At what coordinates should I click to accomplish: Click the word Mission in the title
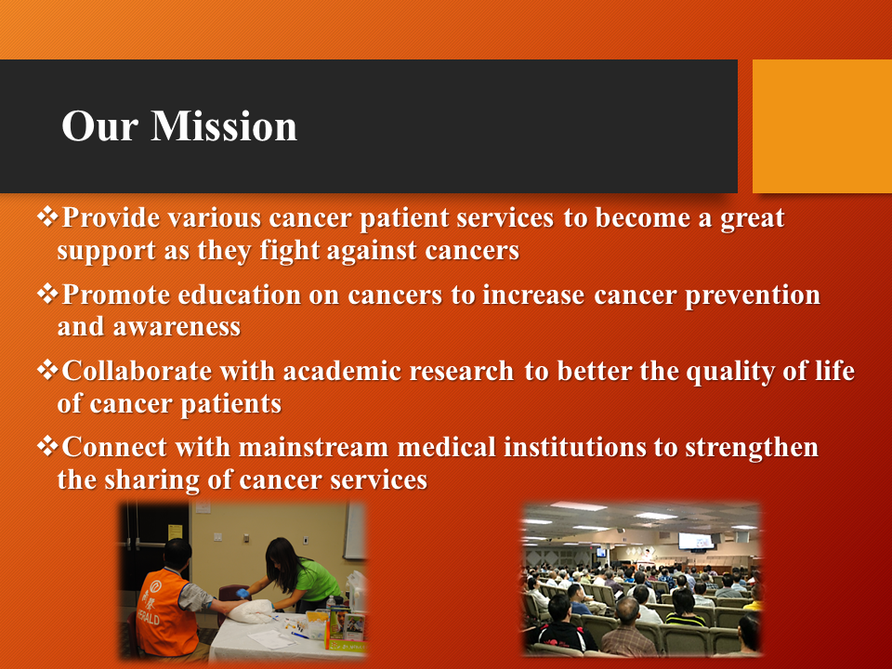224,125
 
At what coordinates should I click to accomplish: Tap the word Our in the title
99,125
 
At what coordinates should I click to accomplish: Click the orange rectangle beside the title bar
822,126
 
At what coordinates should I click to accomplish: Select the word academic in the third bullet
342,371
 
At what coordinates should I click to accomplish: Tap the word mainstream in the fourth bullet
313,447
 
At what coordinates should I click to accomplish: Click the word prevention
753,295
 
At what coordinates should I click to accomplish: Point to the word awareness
177,327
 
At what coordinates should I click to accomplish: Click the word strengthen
752,448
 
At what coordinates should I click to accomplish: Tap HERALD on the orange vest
149,616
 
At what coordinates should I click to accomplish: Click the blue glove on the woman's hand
243,594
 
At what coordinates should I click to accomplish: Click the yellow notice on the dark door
175,531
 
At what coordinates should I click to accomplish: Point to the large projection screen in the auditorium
696,541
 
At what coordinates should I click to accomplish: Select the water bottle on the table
331,604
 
